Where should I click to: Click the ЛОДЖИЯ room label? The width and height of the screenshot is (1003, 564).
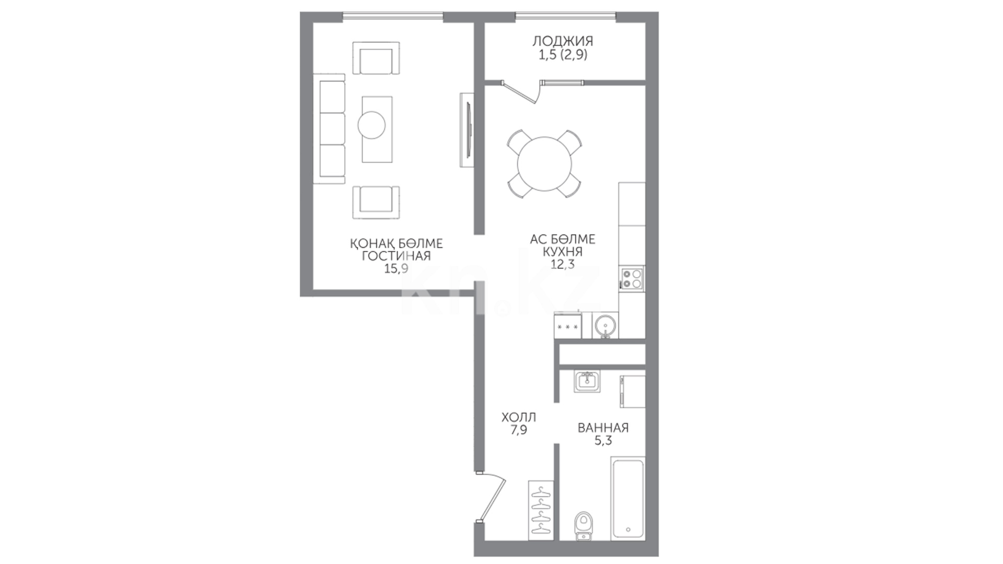(563, 41)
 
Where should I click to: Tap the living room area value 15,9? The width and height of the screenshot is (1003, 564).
(396, 269)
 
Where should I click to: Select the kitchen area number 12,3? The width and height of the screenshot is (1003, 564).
(563, 264)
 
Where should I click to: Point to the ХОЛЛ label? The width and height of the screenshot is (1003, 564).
(519, 418)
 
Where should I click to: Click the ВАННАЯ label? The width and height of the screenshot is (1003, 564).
(603, 428)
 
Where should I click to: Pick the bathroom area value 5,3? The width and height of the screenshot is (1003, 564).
(603, 441)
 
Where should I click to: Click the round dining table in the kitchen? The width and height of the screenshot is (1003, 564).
(545, 164)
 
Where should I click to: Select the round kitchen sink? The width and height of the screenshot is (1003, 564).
(605, 326)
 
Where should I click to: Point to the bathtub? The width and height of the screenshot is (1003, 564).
(628, 498)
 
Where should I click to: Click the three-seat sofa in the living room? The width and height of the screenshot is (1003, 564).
(329, 129)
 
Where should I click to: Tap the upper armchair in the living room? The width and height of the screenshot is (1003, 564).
(376, 58)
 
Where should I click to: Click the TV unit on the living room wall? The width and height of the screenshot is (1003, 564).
(467, 130)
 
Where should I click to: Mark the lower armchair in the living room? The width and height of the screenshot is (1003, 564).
(376, 202)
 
